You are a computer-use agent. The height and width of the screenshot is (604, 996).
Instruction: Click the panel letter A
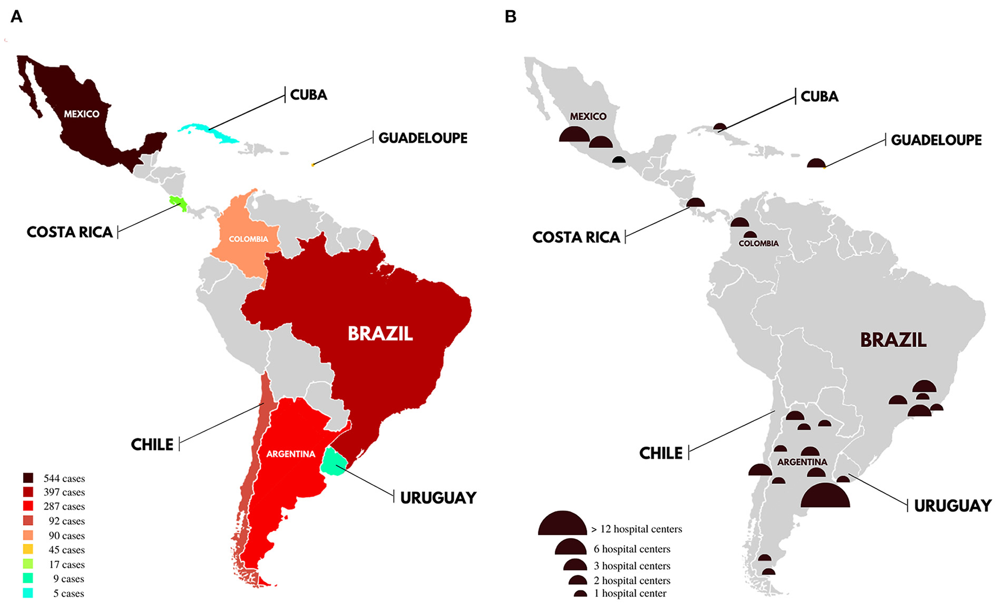click(17, 17)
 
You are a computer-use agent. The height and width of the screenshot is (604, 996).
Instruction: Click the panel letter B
click(510, 17)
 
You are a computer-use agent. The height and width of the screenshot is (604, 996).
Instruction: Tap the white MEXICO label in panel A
click(82, 114)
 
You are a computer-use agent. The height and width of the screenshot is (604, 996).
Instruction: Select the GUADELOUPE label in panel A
click(423, 138)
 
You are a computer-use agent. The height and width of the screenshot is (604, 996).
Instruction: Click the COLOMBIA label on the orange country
click(248, 239)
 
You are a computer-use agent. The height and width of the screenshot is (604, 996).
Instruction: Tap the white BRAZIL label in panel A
click(380, 334)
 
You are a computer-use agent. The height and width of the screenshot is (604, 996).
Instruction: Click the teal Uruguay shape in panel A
click(334, 462)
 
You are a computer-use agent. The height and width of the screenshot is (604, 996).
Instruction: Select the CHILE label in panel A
click(152, 445)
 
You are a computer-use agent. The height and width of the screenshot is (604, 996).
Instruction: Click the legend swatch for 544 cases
click(28, 478)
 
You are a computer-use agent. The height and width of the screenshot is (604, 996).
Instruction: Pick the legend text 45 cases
click(66, 550)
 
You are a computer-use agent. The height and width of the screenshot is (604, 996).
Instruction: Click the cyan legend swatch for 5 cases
click(28, 593)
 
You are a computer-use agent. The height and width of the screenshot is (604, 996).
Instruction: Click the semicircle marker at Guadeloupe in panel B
click(816, 164)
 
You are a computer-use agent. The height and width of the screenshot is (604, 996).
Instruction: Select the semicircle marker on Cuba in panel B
click(720, 128)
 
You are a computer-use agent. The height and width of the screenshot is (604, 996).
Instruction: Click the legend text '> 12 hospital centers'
click(637, 529)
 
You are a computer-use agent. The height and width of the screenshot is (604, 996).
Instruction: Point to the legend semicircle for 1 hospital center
click(580, 594)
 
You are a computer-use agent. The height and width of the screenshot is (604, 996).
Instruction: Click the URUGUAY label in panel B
click(952, 506)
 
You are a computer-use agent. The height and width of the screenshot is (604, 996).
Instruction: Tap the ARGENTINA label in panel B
click(802, 462)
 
